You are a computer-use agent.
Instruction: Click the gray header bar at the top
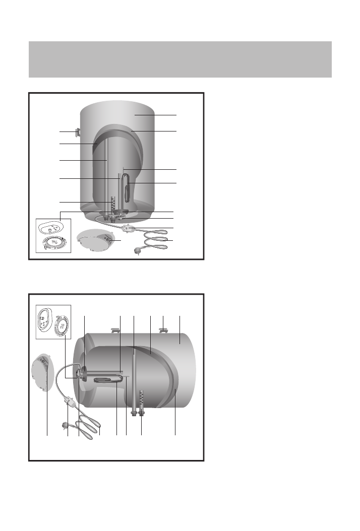click(180, 59)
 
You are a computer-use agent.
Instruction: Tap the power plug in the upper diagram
click(138, 250)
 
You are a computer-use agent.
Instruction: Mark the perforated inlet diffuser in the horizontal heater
click(142, 398)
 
